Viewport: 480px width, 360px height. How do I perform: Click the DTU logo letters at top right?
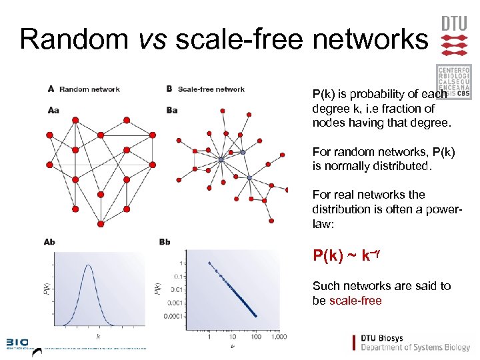[455, 23]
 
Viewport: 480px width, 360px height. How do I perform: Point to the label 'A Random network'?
[84, 89]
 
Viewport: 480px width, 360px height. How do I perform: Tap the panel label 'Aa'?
[53, 111]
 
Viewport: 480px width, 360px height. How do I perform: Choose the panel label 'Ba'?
[172, 111]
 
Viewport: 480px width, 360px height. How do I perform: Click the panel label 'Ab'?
[49, 242]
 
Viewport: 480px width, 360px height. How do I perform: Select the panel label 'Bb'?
[165, 242]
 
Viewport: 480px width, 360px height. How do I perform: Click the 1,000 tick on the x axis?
[279, 337]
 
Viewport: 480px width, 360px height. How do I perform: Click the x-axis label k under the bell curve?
[97, 337]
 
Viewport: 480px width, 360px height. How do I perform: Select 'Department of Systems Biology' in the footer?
[415, 348]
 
